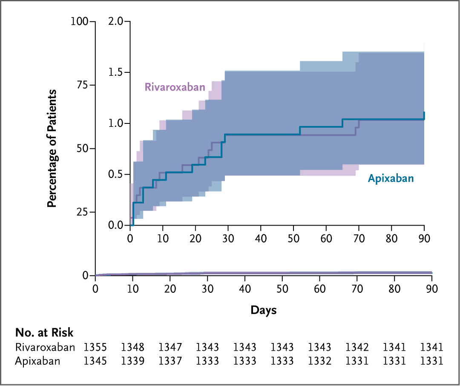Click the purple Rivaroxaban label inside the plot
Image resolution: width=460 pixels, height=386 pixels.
click(175, 87)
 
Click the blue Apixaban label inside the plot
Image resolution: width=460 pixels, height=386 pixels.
click(391, 178)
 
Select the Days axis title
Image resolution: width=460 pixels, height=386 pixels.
click(263, 310)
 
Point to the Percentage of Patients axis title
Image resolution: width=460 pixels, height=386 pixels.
click(52, 149)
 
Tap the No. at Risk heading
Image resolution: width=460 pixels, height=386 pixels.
click(44, 332)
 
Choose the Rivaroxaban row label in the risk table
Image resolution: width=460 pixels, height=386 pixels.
click(45, 347)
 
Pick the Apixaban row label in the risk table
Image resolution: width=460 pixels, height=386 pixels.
click(37, 361)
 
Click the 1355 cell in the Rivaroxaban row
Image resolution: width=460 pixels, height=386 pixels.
click(95, 347)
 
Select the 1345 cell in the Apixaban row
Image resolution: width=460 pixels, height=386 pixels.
click(95, 361)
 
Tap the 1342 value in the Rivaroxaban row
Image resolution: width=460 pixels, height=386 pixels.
click(357, 347)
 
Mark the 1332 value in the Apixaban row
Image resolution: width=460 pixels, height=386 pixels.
click(319, 361)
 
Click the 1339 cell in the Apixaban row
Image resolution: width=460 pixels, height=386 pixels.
click(133, 361)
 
